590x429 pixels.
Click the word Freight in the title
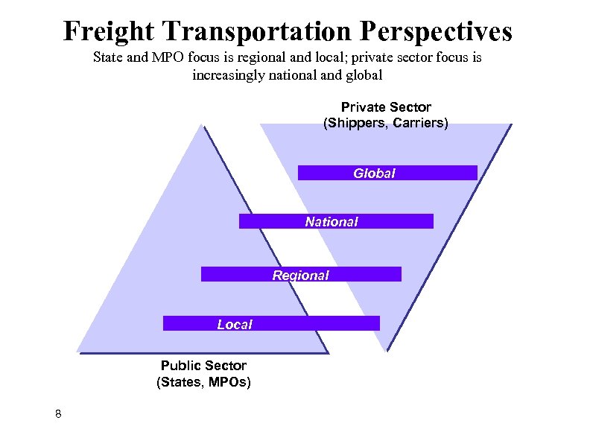coord(110,31)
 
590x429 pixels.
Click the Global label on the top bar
coord(374,173)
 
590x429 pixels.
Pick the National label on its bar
coord(332,221)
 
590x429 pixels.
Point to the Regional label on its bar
coord(300,275)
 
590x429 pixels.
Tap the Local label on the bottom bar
coord(235,324)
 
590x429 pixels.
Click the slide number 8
coord(58,413)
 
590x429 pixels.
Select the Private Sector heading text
coord(386,107)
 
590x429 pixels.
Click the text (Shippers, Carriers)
coord(386,123)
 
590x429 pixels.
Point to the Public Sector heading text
coord(203,366)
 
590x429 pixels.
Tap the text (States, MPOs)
coord(203,382)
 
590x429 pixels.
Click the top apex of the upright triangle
coord(201,125)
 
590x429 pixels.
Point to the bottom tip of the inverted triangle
coord(386,349)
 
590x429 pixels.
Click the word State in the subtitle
coord(110,57)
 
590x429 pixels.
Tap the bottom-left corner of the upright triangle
coord(77,351)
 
